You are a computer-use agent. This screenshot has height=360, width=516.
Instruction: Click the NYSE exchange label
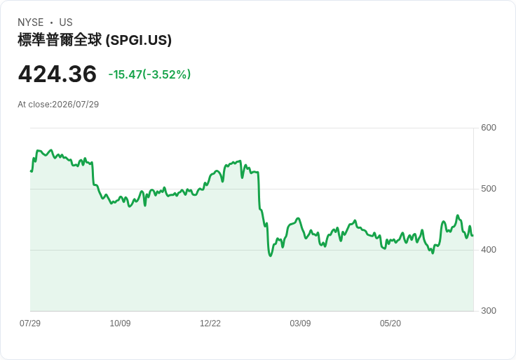(x=31, y=22)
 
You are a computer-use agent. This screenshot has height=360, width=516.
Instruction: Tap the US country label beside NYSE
(x=66, y=22)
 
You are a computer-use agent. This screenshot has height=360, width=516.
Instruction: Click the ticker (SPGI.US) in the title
(x=139, y=40)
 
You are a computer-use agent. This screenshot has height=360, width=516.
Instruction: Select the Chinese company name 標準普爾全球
(x=60, y=40)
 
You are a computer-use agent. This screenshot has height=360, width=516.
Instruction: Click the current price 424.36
(x=57, y=74)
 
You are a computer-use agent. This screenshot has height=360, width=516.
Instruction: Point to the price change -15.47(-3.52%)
(x=149, y=74)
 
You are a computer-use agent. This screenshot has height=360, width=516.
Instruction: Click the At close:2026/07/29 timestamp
(x=58, y=105)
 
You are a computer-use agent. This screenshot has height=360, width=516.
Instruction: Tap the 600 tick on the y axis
(x=489, y=128)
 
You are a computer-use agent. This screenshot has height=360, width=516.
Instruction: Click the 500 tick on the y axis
(x=489, y=189)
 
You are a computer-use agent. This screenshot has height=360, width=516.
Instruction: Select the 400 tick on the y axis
(x=489, y=250)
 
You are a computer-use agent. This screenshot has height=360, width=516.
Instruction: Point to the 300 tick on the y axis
(x=489, y=311)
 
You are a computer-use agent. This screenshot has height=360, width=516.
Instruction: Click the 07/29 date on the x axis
(x=30, y=323)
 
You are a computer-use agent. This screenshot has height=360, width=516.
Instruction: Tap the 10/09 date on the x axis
(x=120, y=323)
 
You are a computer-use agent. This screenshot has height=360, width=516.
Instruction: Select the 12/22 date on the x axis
(x=210, y=323)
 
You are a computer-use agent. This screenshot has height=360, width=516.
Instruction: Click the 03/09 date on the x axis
(x=300, y=323)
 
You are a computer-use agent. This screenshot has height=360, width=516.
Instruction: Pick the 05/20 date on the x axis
(x=391, y=323)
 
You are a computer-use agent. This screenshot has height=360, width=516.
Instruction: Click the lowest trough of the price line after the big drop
(x=271, y=255)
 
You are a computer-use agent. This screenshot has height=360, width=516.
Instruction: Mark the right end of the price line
(x=473, y=236)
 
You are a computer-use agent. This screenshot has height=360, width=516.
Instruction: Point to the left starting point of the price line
(x=31, y=171)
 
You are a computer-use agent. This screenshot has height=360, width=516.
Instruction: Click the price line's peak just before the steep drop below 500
(x=240, y=161)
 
